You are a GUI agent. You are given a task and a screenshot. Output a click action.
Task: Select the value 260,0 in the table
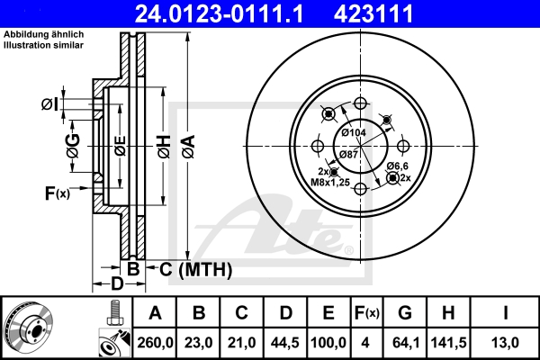click(155, 343)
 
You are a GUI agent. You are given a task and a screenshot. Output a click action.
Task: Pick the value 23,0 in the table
click(201, 343)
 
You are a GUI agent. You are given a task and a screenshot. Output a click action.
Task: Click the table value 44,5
click(285, 343)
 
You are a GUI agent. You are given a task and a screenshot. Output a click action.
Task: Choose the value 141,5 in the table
click(450, 343)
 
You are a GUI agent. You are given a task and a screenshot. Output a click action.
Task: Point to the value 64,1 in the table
click(406, 343)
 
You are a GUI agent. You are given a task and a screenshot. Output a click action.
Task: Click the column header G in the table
click(406, 313)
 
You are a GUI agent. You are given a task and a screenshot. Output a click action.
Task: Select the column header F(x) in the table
click(365, 313)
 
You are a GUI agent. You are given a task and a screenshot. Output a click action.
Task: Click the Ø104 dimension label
click(353, 133)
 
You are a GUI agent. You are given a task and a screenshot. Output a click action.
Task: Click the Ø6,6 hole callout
click(398, 166)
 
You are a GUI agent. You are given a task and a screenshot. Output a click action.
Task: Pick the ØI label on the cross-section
click(50, 105)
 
